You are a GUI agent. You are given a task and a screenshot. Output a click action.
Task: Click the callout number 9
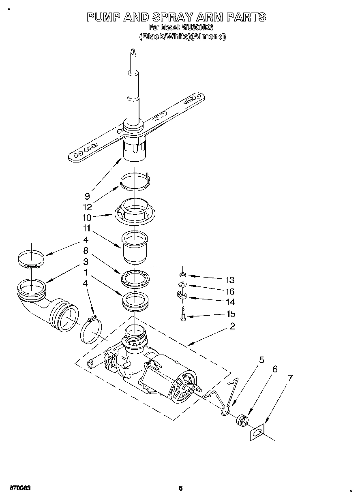[x=87, y=196]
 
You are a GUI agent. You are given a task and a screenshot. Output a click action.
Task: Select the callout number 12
[x=87, y=207]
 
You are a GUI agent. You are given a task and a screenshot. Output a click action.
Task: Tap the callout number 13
[x=230, y=280]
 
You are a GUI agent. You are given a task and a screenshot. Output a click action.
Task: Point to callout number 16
[x=230, y=291]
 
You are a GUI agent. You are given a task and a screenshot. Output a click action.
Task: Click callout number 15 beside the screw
[x=230, y=314]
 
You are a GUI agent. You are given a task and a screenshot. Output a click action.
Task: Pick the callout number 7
[x=290, y=378]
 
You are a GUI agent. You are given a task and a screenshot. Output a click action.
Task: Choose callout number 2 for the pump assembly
[x=232, y=326]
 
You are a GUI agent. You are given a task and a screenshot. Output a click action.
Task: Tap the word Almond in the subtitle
[x=211, y=36]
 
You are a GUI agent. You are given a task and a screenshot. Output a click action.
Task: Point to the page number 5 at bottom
[x=181, y=488]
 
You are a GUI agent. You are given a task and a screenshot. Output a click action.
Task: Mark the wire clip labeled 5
[x=227, y=401]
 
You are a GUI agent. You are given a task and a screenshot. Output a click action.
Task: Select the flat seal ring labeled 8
[x=135, y=278]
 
